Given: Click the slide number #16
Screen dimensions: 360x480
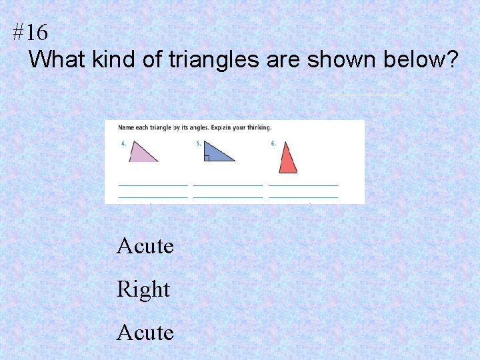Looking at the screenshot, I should [x=30, y=32].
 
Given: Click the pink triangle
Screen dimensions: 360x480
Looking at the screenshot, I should [x=141, y=153].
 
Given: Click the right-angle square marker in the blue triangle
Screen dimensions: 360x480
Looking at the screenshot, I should [x=207, y=158].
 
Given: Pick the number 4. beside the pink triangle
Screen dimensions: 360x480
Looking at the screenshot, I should [x=123, y=143].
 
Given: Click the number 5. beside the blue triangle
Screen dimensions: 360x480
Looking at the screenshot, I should [x=198, y=143].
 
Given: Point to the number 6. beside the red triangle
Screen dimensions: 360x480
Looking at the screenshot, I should [x=273, y=143].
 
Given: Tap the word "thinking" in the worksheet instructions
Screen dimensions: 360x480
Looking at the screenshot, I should [x=259, y=127].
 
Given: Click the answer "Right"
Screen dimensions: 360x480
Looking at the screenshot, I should [x=143, y=289].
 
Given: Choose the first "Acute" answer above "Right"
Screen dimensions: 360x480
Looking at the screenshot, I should [x=145, y=246].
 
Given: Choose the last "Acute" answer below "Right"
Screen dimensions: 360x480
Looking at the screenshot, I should [x=145, y=332].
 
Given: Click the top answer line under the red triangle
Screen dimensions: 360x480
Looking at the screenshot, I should [x=303, y=185].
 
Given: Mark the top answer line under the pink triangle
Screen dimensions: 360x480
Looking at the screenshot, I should [x=153, y=185].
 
